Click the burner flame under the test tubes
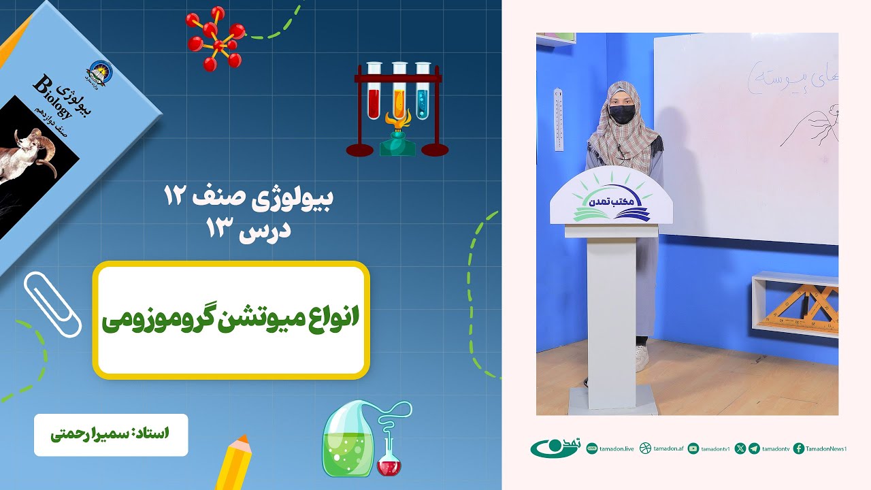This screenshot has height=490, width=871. [397, 121]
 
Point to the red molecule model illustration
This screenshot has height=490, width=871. [217, 39]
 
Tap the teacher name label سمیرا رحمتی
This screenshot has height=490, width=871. [111, 434]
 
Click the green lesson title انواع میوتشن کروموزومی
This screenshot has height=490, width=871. [231, 319]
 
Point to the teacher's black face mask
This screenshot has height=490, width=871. [621, 114]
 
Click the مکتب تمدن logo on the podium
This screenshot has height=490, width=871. [610, 203]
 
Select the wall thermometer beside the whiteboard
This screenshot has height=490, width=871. [559, 119]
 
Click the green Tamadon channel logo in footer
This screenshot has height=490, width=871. [554, 448]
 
